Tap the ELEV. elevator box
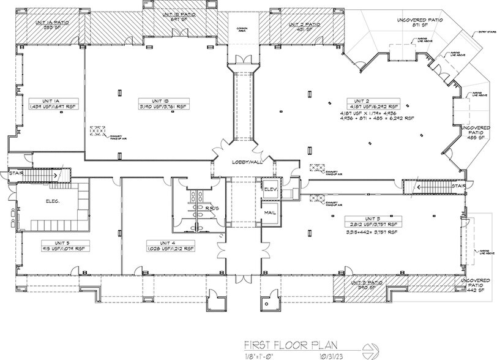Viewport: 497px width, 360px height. click(270, 190)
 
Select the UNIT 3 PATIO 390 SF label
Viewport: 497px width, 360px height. click(366, 285)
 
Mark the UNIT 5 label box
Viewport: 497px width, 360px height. click(47, 246)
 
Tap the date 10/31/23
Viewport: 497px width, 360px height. click(324, 355)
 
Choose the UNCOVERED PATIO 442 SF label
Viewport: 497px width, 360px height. click(480, 285)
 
